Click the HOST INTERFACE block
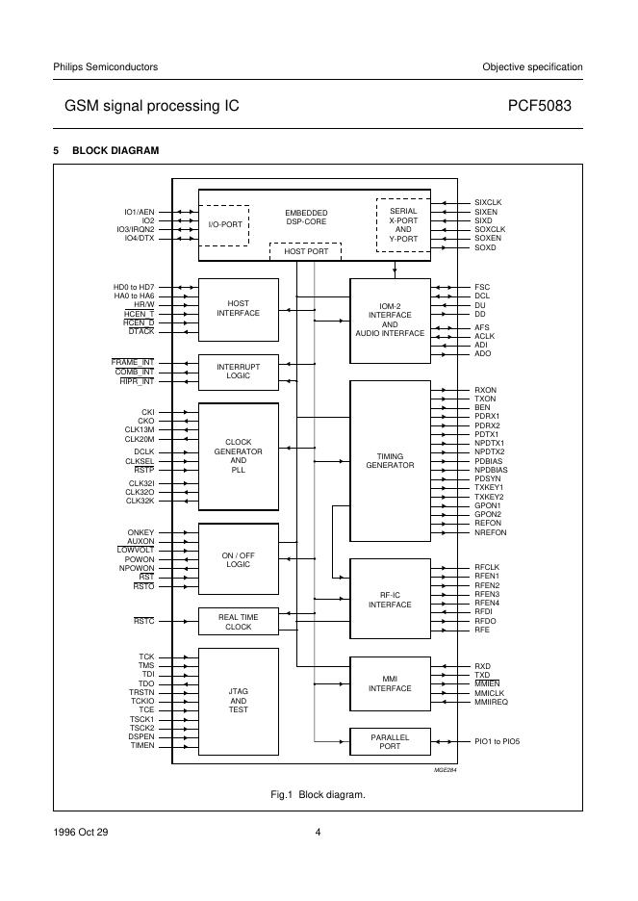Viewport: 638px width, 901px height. pos(238,308)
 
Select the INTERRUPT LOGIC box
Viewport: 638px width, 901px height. pos(238,371)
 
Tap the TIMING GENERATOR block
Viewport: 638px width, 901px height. pos(390,460)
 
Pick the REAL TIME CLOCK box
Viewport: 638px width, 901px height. pos(238,621)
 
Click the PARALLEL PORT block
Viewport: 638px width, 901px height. pos(390,741)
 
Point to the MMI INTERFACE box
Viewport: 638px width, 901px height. pos(390,682)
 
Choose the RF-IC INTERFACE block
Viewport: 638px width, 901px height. pos(390,599)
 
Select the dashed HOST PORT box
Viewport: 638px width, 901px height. pos(305,251)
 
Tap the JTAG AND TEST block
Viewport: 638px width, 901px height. pos(238,701)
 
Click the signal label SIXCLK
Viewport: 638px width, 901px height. pos(488,202)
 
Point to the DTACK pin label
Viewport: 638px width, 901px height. pos(140,331)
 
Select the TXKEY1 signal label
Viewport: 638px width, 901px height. pos(488,488)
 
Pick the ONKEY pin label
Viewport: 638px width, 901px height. pos(140,532)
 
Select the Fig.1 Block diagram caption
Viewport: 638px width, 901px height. pos(318,795)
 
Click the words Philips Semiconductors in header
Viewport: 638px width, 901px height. pos(105,66)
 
